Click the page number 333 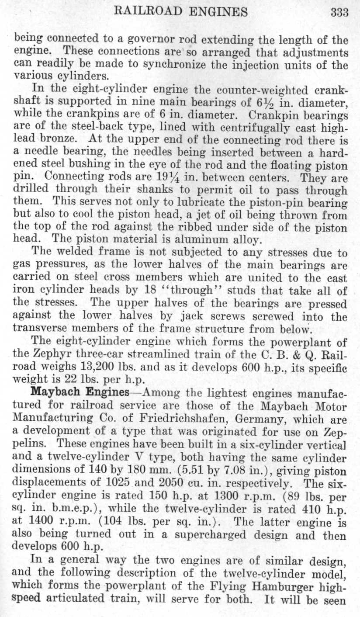click(339, 12)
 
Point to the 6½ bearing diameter click(254, 104)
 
